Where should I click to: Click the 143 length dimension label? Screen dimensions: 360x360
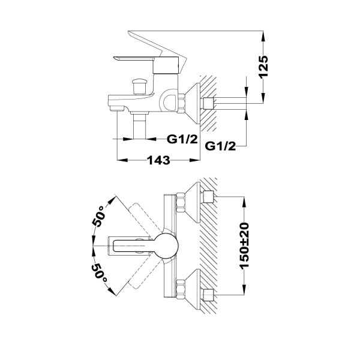tap(158, 160)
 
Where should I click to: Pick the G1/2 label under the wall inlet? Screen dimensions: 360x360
tap(220, 146)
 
